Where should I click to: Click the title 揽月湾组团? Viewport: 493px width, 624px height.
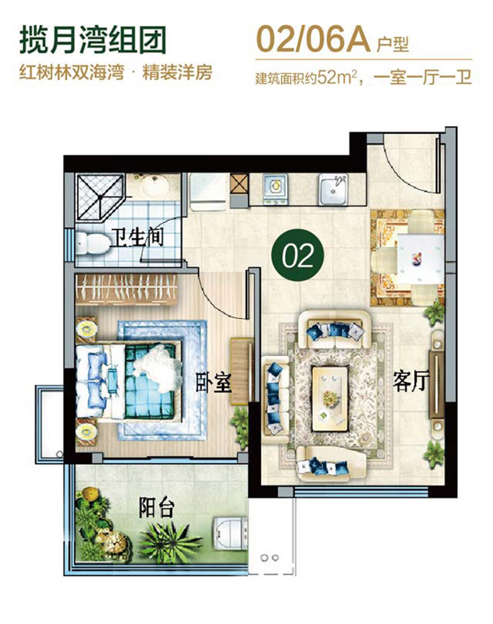[93, 39]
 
